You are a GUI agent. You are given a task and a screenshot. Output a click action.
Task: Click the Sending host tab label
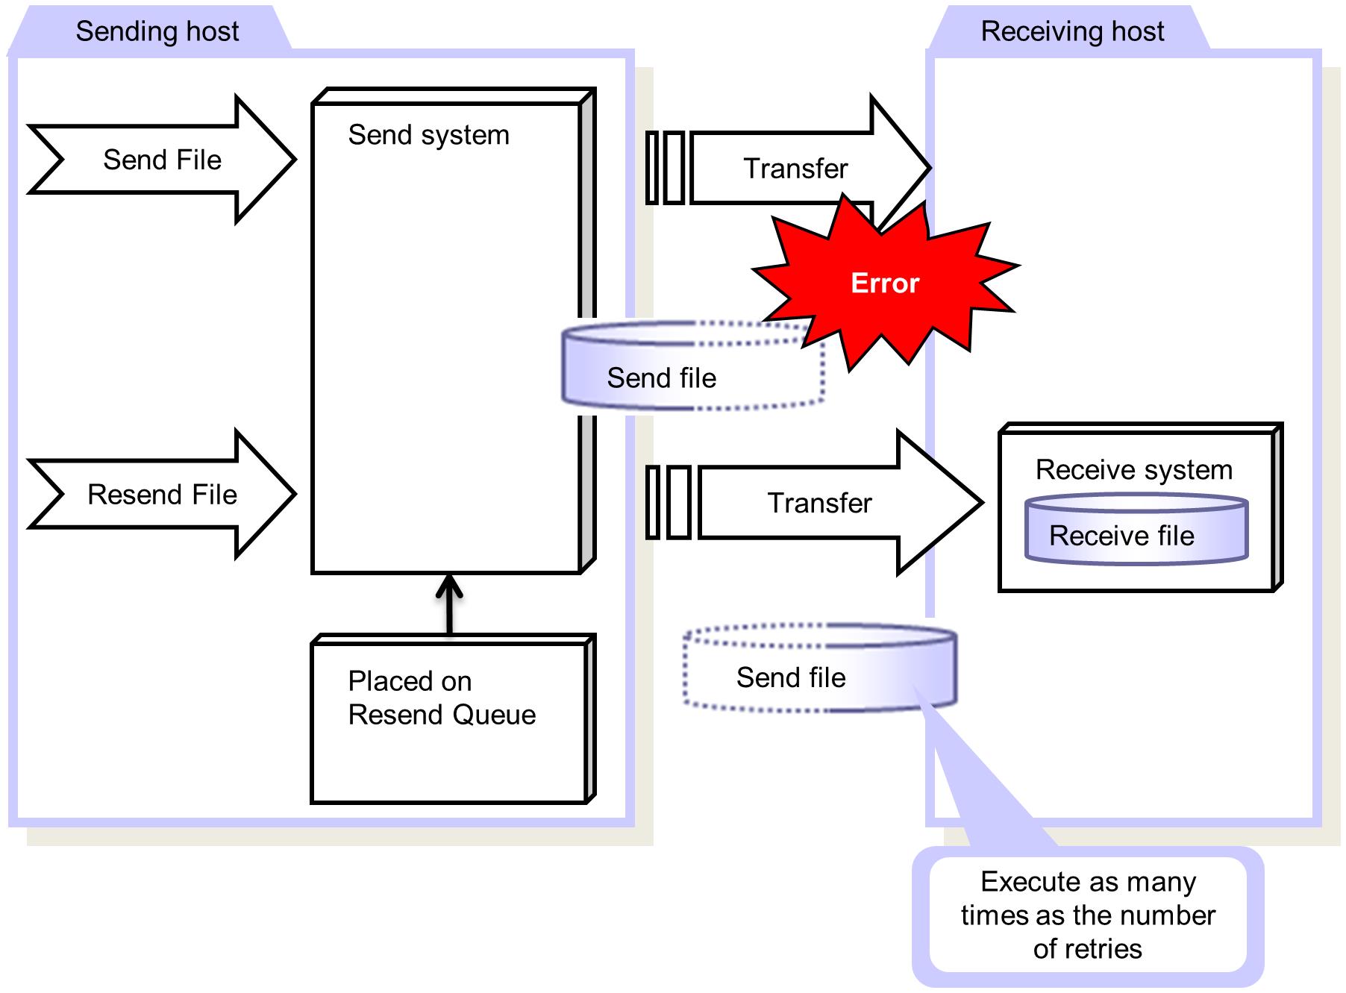coord(157,31)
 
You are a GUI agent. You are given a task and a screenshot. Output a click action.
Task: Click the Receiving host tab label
coord(1071,31)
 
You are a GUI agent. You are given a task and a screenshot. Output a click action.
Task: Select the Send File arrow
coord(162,160)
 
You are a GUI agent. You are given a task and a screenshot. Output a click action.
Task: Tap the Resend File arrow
coord(162,495)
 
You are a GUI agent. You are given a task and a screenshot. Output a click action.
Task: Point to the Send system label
coord(428,135)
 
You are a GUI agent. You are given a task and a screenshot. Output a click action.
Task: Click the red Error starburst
coord(885,284)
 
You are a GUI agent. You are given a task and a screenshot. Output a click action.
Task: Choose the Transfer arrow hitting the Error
coord(795,169)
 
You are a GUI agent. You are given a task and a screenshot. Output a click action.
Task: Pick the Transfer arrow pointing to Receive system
coord(819,503)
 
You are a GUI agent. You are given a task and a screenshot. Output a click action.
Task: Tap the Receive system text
coord(1133,470)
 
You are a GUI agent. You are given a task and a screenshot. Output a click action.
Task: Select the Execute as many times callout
coord(1087,915)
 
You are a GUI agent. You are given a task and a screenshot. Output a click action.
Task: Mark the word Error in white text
coord(885,284)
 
